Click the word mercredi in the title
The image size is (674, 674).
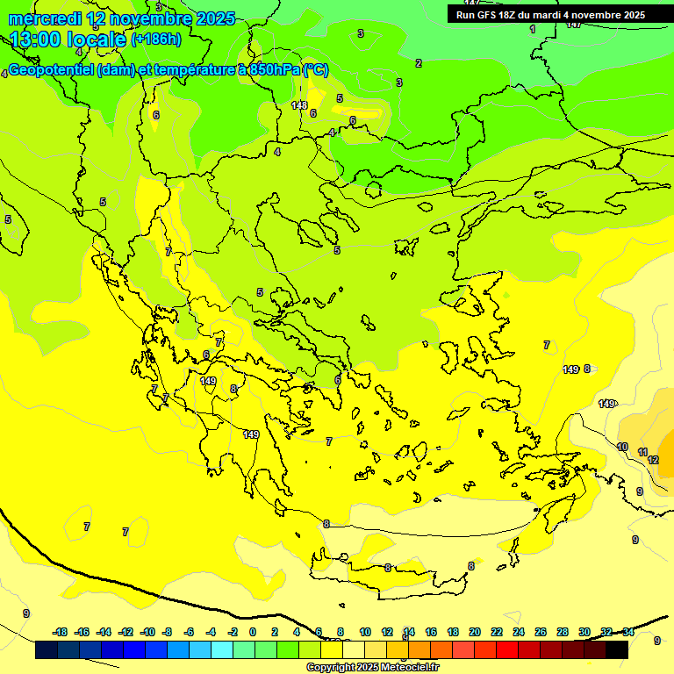46,18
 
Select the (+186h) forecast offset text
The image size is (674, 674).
156,39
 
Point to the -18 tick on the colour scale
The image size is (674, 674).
60,632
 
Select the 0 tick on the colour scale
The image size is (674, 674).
253,632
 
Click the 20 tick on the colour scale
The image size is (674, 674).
475,632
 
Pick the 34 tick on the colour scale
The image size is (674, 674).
628,632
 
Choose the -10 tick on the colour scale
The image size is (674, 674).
147,632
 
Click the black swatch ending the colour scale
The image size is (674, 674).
616,650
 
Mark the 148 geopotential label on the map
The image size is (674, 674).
299,105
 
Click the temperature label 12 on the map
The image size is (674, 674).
653,460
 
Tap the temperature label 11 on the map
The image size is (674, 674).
642,452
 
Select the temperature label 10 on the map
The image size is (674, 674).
622,447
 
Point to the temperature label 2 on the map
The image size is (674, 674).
419,63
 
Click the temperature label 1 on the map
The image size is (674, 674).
532,29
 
